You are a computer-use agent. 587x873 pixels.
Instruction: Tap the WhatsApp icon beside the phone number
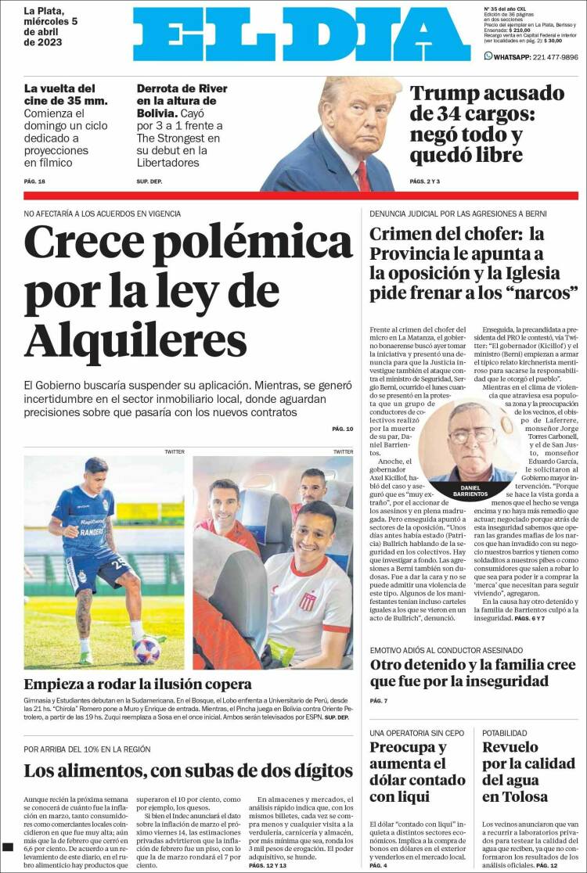point(488,56)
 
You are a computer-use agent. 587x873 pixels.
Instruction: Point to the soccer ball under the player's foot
point(146,649)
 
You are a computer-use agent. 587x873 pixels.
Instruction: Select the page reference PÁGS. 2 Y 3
point(425,181)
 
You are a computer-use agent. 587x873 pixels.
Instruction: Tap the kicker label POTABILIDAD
point(504,733)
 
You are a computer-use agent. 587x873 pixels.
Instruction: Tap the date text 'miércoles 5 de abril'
point(52,27)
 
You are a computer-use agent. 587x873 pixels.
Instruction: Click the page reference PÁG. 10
point(343,429)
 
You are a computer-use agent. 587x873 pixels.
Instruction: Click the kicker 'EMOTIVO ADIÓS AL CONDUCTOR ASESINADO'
point(446,650)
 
